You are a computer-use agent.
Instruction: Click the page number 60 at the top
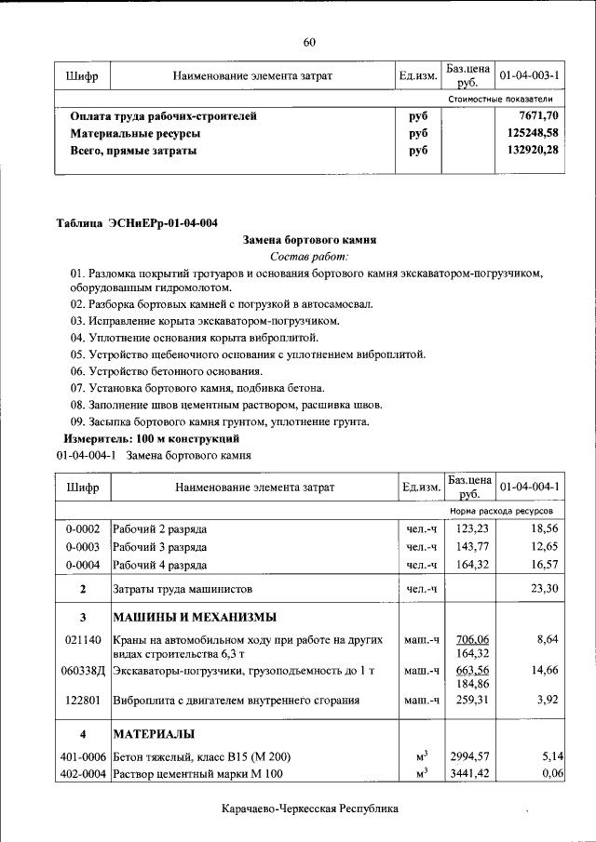tap(309, 41)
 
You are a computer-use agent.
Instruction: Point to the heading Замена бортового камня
tap(308, 239)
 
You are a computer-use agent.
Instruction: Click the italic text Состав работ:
tap(308, 256)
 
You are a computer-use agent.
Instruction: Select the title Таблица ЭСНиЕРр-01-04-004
tap(137, 222)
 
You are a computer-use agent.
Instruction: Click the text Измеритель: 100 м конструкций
tap(152, 437)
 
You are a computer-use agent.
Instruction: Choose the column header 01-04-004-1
tap(529, 487)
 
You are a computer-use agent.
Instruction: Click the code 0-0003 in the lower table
tap(83, 547)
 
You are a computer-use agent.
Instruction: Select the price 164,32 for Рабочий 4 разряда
tap(469, 565)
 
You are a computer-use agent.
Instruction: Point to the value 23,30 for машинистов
tap(543, 589)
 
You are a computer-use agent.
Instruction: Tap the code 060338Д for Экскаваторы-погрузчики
tap(83, 671)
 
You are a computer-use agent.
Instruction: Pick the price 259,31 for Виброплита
tap(469, 701)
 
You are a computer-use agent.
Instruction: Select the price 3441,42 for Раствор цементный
tap(469, 773)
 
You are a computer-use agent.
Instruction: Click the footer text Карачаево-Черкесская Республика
tap(310, 809)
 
